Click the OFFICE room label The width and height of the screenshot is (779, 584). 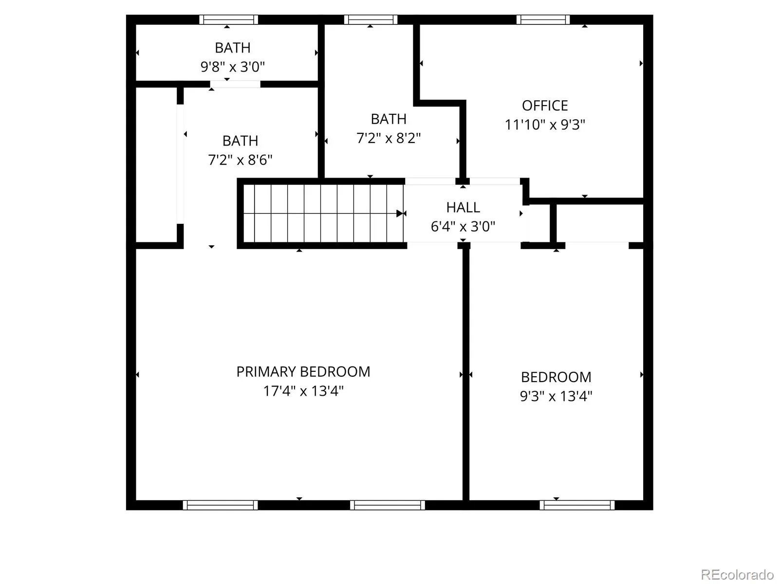click(x=544, y=106)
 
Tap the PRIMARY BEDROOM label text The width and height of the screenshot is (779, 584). click(x=303, y=372)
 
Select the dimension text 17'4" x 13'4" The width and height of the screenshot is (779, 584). click(x=303, y=391)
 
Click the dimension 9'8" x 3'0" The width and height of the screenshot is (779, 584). click(x=232, y=67)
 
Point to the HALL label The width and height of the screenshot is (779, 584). click(x=463, y=207)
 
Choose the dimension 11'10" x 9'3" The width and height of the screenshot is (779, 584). click(x=544, y=125)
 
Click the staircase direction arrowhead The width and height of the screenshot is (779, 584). click(x=400, y=214)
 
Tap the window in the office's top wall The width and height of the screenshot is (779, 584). click(x=543, y=19)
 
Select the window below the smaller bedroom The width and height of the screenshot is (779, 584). click(x=577, y=505)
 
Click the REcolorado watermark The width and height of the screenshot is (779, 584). click(x=737, y=574)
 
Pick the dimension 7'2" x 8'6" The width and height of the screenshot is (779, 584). click(x=240, y=160)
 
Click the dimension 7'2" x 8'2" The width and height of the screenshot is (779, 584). click(x=388, y=138)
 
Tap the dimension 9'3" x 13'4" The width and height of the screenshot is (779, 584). click(x=556, y=396)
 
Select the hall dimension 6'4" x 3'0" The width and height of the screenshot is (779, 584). click(x=463, y=226)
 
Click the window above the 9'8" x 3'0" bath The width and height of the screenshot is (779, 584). click(x=228, y=19)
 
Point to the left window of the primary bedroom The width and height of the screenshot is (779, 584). click(x=220, y=505)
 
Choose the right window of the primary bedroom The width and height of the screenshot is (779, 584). click(x=387, y=505)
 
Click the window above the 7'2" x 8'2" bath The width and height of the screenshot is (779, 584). click(x=371, y=19)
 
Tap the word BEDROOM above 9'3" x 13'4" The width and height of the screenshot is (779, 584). click(x=556, y=377)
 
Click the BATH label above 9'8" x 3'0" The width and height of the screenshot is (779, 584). click(x=232, y=48)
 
